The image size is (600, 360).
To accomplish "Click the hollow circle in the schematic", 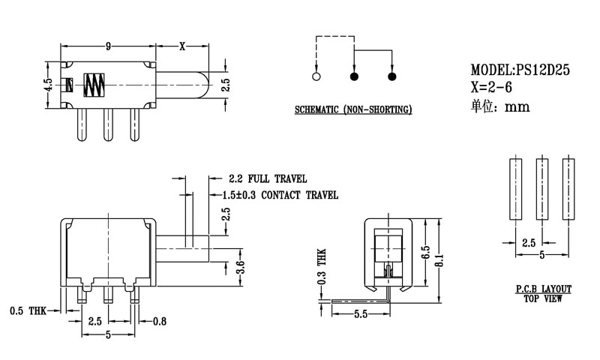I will coord(316,76).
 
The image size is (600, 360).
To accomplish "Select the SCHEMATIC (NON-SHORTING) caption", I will coord(353,110).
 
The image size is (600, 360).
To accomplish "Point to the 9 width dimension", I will coord(108,46).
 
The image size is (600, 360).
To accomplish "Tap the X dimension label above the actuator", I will coord(182,46).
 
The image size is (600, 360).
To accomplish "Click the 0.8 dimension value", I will coord(159,322).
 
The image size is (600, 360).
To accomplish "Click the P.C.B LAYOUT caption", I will coord(544,289).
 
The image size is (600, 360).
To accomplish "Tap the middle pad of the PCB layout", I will coord(542,188).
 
